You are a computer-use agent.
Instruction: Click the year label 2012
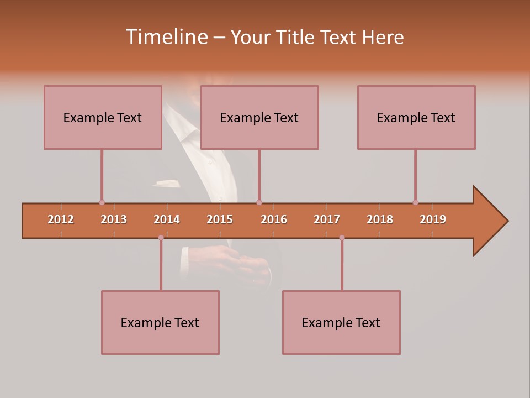(61, 219)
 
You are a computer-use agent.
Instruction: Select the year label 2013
(114, 219)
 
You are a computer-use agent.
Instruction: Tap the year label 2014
(167, 219)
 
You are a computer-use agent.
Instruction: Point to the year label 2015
(220, 219)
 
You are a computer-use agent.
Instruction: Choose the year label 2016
(274, 219)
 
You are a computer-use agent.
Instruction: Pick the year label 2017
(327, 219)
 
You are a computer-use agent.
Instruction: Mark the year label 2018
(380, 219)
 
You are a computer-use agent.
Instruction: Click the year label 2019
(433, 219)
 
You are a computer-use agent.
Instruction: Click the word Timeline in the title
(166, 37)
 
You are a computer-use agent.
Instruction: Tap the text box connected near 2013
(103, 117)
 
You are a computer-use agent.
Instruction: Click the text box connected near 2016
(259, 117)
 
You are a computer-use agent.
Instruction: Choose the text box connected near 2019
(416, 117)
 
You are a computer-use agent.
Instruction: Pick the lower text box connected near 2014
(160, 322)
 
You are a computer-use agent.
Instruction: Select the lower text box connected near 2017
(341, 322)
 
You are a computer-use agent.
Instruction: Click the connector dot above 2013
(102, 202)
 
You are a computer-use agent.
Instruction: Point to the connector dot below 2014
(161, 238)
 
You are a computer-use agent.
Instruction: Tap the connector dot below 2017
(342, 238)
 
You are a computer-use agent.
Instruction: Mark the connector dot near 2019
(415, 202)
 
